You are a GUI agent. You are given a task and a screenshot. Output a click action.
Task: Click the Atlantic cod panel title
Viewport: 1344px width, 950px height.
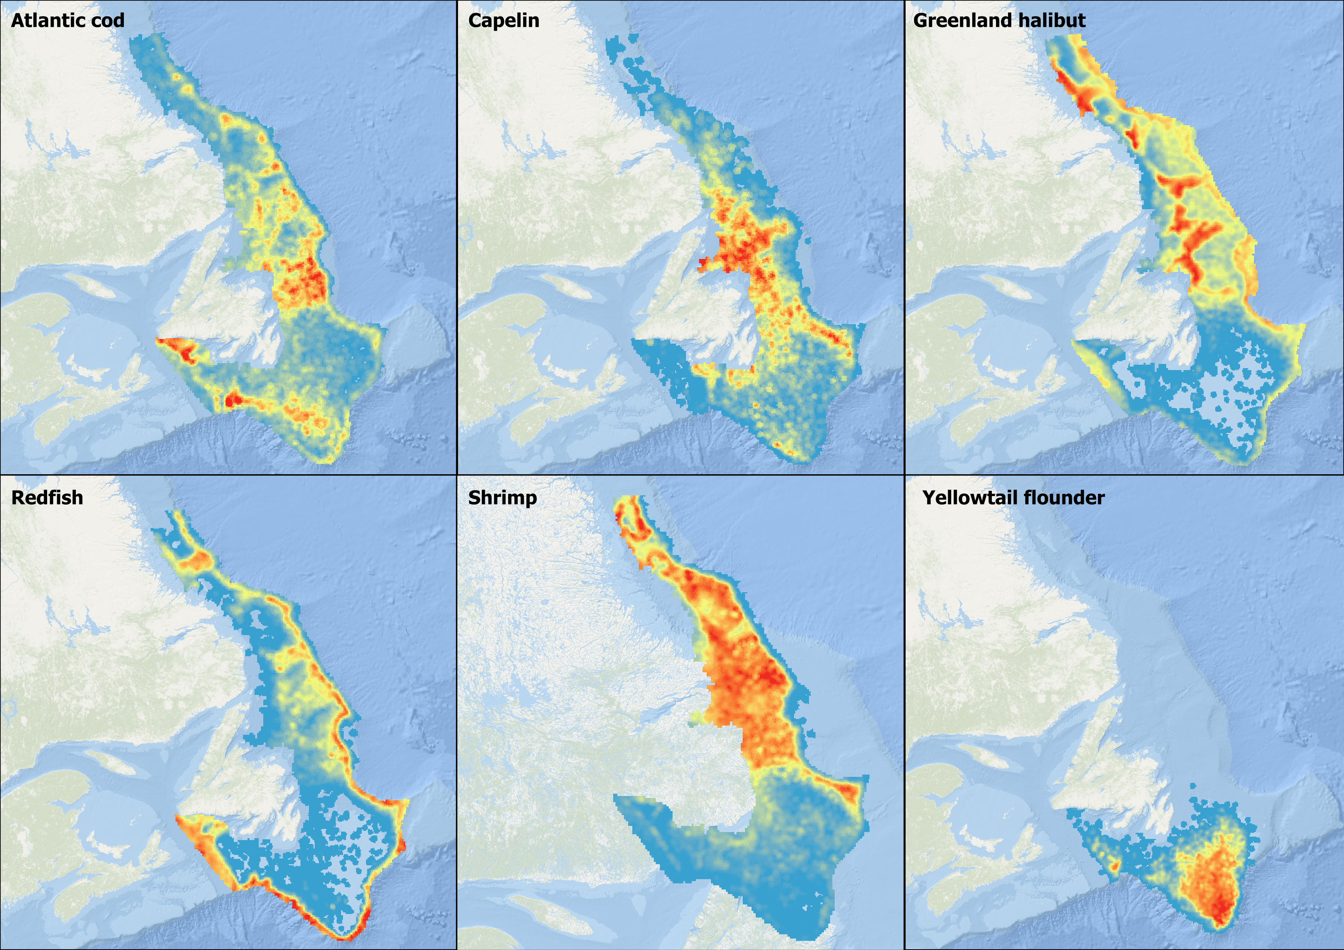click(67, 20)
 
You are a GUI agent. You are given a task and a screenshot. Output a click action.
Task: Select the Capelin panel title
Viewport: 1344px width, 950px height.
click(504, 20)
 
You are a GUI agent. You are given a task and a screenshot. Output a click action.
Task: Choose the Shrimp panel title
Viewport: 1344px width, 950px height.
click(502, 498)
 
